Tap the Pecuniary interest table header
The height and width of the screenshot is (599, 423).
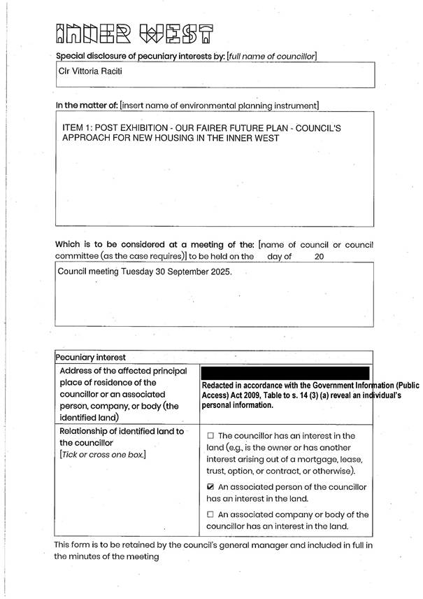91,357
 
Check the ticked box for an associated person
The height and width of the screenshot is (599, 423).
210,486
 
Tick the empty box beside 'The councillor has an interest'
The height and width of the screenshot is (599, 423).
210,436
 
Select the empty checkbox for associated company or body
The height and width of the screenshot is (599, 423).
210,515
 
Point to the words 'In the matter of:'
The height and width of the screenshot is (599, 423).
87,106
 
